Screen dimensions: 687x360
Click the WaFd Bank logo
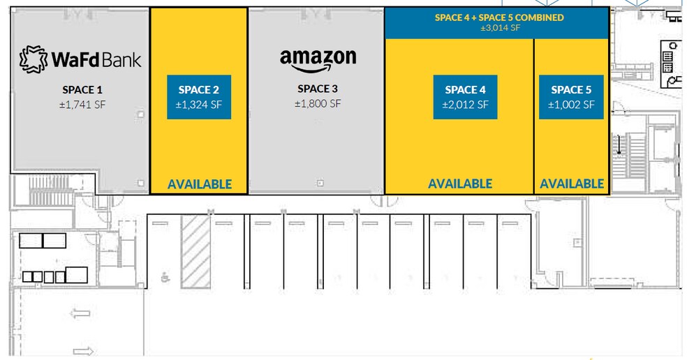[80, 59]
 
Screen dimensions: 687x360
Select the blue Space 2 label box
[199, 97]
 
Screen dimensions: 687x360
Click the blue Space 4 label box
[465, 97]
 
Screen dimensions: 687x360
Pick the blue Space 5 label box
[571, 97]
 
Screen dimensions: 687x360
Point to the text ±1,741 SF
[82, 105]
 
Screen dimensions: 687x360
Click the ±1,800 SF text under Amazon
[318, 104]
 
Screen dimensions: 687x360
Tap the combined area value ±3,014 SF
[500, 28]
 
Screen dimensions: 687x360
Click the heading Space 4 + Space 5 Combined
[499, 17]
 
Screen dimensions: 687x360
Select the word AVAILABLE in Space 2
[200, 184]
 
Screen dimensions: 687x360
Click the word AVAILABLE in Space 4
[460, 183]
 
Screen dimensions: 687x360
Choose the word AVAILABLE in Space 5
[572, 183]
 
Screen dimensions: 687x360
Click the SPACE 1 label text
[82, 90]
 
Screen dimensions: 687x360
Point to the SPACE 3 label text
[318, 89]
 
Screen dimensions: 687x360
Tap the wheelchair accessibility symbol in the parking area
[165, 277]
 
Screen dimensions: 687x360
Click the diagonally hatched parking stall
[196, 251]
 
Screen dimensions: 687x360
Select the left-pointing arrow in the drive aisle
[80, 313]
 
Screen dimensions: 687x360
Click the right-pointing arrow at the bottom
[83, 351]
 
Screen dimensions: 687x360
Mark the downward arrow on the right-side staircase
[619, 145]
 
